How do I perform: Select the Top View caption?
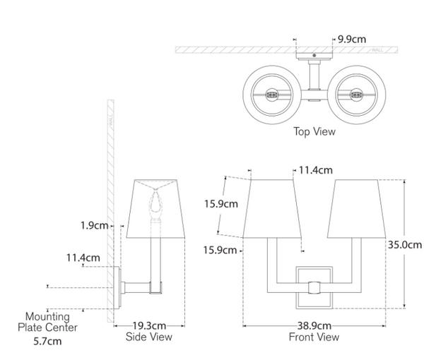pyautogui.click(x=314, y=131)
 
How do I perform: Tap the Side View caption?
pyautogui.click(x=150, y=337)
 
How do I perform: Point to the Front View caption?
pyautogui.click(x=314, y=337)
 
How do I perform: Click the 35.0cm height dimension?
pyautogui.click(x=405, y=245)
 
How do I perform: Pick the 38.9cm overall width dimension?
pyautogui.click(x=314, y=326)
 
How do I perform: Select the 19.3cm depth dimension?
pyautogui.click(x=149, y=326)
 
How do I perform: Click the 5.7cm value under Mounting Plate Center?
pyautogui.click(x=47, y=342)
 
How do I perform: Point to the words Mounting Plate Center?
pyautogui.click(x=47, y=322)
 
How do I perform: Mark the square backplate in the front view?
pyautogui.click(x=314, y=287)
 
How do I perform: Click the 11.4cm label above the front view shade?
pyautogui.click(x=316, y=170)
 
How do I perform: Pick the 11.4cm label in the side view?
pyautogui.click(x=83, y=258)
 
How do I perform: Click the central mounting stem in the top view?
pyautogui.click(x=314, y=79)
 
